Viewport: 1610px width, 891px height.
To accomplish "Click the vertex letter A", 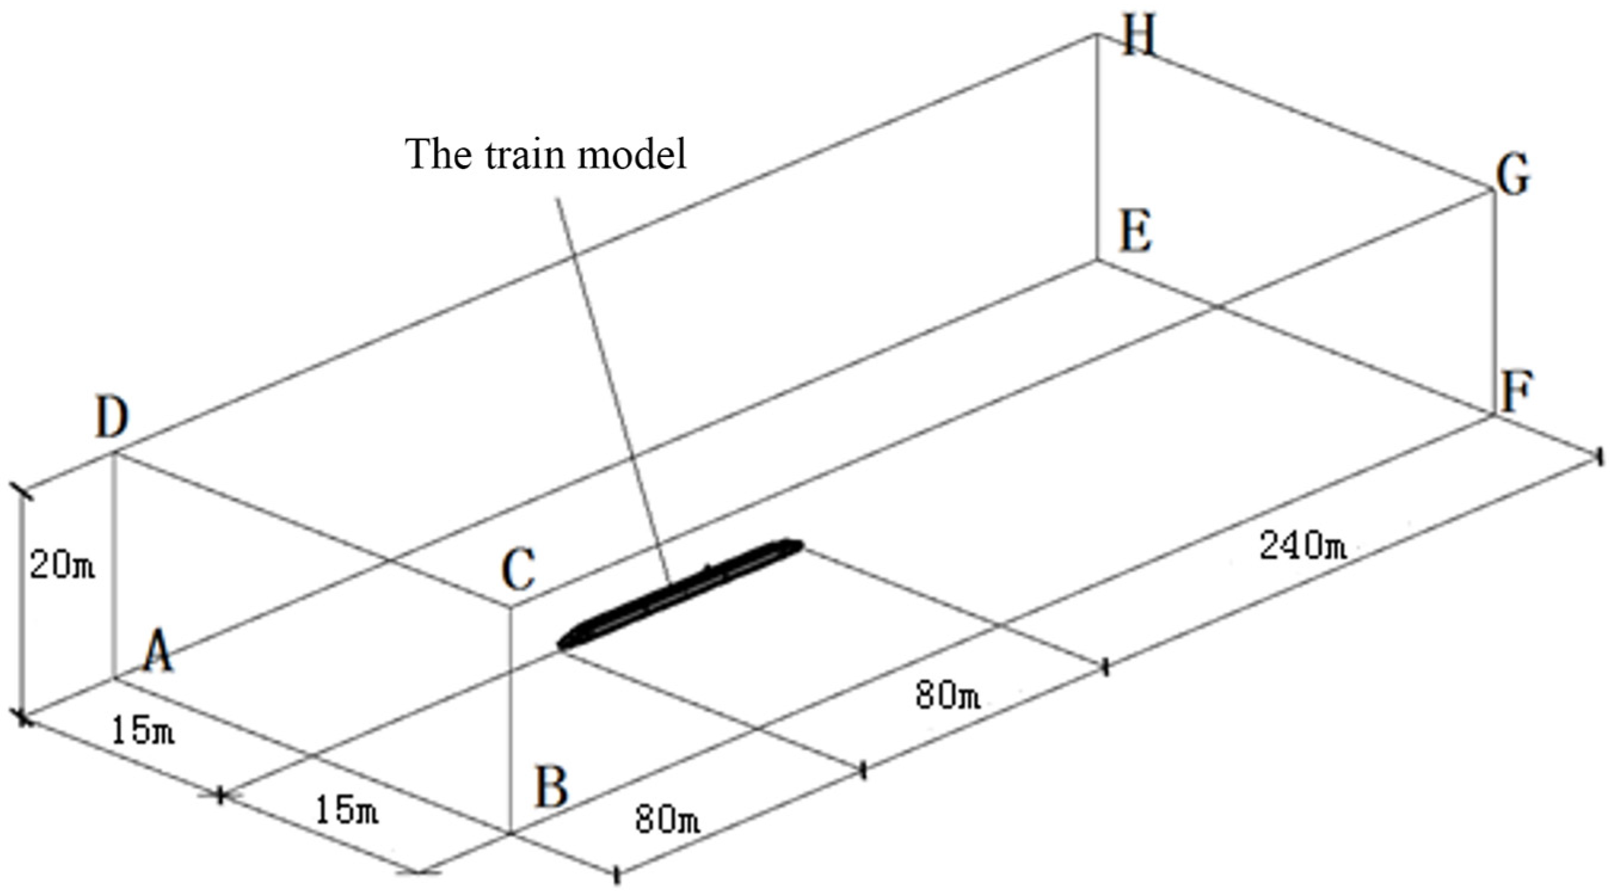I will click(159, 651).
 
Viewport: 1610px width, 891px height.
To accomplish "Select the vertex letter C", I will click(518, 570).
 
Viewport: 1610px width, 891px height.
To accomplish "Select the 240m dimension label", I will click(1303, 545).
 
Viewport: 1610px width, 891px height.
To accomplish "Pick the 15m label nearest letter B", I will click(346, 810).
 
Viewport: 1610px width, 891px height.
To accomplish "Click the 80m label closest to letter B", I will click(667, 819).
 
